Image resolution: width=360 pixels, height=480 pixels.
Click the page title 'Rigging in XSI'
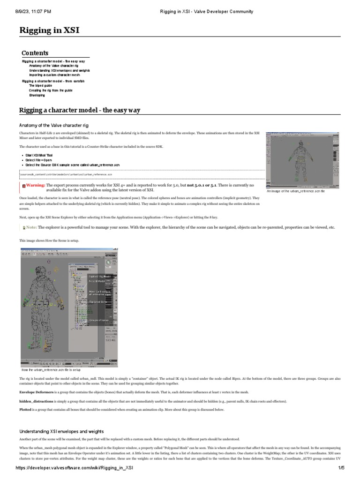pos(49,30)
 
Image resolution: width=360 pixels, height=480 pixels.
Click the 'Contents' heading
pos(35,53)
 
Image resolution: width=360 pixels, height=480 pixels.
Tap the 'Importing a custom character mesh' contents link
pos(54,75)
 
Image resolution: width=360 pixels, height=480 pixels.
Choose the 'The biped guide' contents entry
pos(40,86)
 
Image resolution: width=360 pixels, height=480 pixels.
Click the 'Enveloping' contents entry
pos(37,95)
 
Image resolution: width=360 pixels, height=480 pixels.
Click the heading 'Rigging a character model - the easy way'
pos(79,111)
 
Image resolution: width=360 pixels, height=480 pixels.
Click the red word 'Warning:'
pos(36,185)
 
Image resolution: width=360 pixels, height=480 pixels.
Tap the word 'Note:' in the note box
pos(31,227)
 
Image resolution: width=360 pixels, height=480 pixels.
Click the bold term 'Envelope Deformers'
pos(37,392)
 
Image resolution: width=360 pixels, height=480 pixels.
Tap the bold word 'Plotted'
pos(26,410)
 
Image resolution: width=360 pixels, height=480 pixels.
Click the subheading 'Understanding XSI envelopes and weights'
pos(61,431)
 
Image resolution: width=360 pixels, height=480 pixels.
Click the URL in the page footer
pos(68,469)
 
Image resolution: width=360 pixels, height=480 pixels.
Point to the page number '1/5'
pos(341,469)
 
